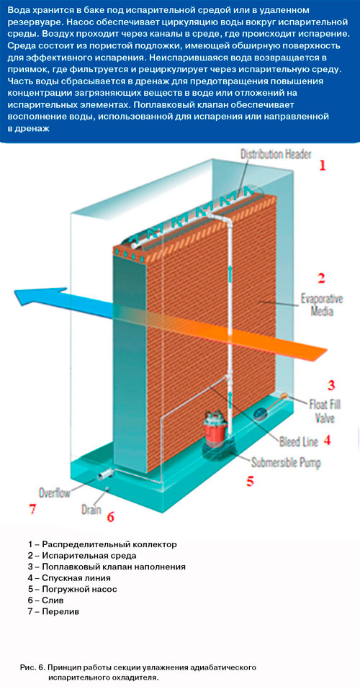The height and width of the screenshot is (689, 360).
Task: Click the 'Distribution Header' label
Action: click(276, 155)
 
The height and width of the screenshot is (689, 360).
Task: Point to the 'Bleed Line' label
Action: click(299, 442)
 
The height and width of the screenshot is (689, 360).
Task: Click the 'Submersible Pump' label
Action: click(286, 462)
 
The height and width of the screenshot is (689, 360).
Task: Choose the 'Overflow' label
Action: click(55, 492)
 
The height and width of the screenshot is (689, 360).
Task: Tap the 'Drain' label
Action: click(91, 510)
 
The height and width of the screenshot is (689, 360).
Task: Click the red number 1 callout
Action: click(323, 166)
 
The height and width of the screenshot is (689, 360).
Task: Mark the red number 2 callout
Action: click(321, 278)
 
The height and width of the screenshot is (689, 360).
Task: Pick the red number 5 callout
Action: click(250, 481)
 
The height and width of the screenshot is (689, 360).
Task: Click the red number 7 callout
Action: click(31, 509)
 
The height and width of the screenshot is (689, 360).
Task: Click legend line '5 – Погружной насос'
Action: click(73, 589)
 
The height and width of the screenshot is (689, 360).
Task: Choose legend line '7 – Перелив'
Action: click(53, 612)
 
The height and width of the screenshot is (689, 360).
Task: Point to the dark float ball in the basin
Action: click(261, 412)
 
